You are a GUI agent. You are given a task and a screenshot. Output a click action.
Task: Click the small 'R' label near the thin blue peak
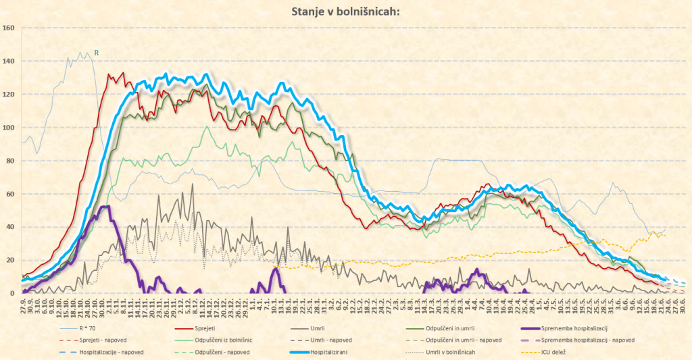[96, 52]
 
